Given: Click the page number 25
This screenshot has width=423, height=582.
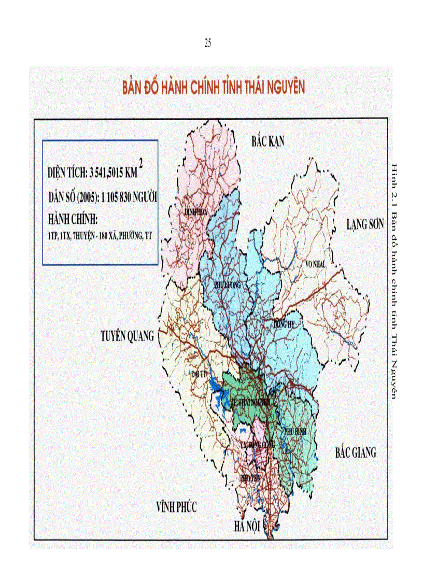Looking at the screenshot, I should click(207, 44).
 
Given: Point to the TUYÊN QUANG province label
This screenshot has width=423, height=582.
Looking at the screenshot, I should click(127, 336).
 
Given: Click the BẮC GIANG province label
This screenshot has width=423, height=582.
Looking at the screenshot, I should click(356, 452).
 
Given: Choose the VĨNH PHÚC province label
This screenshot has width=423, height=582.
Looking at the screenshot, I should click(177, 506).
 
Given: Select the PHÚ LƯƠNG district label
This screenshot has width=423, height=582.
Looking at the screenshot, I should click(228, 286).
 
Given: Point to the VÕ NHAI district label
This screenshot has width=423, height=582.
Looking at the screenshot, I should click(316, 264).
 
